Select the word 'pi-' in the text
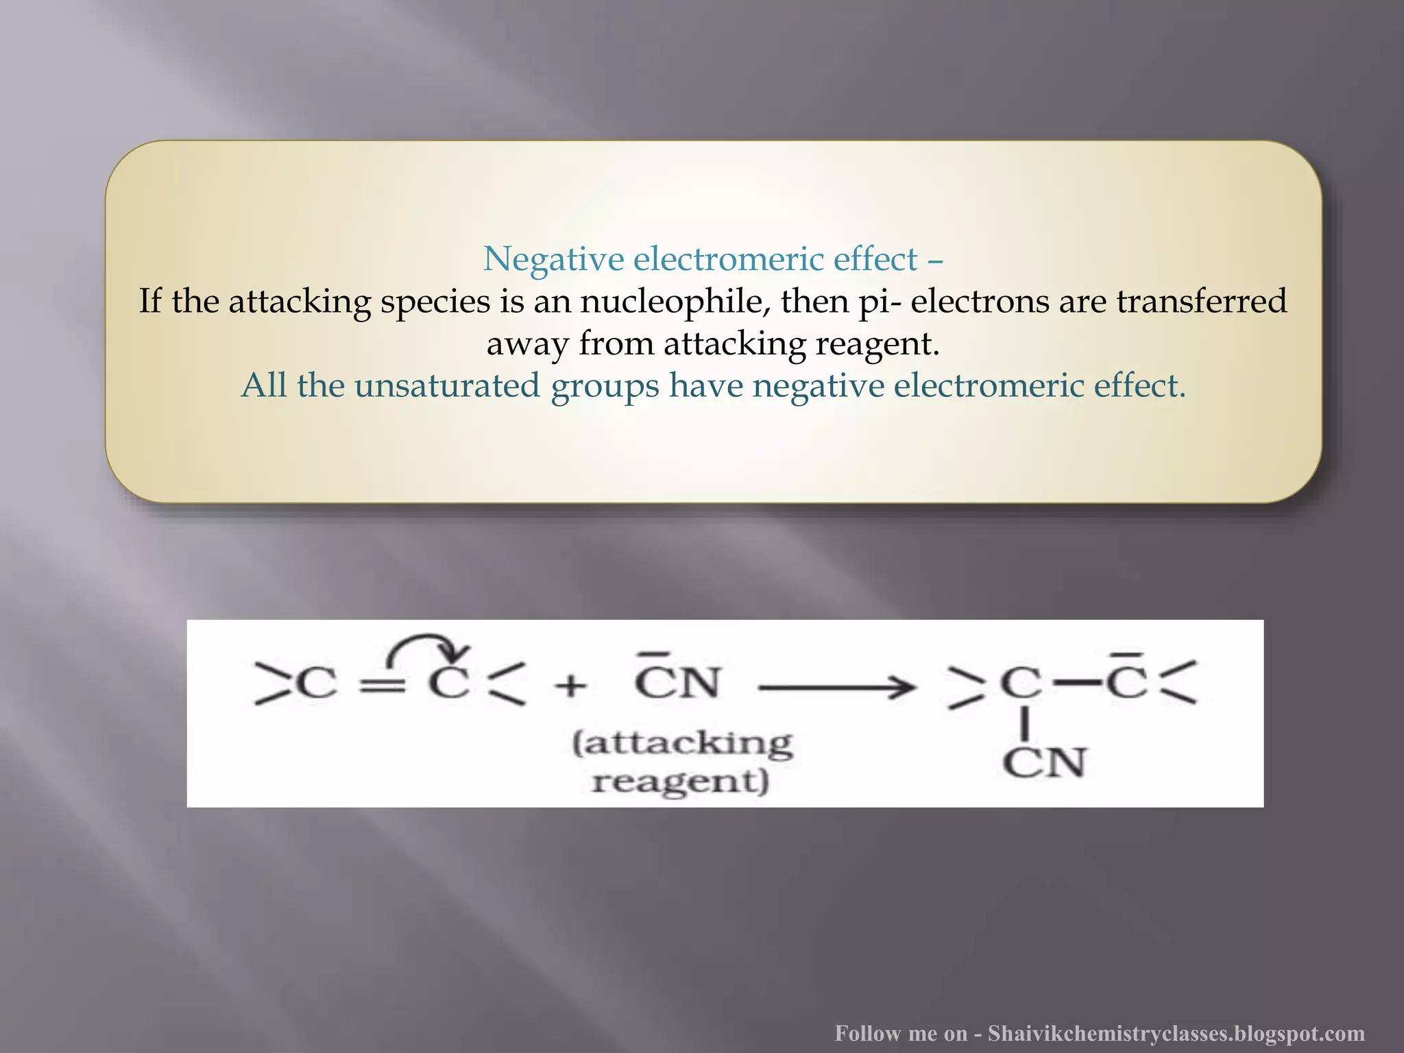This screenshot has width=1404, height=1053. (x=880, y=302)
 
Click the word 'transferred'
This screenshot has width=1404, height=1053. (x=1202, y=302)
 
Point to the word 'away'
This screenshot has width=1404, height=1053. (x=527, y=343)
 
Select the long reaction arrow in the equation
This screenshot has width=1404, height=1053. (x=837, y=686)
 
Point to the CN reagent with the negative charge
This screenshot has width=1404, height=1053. (x=677, y=681)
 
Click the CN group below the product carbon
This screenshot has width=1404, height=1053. (x=1044, y=763)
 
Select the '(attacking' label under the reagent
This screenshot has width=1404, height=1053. (x=682, y=743)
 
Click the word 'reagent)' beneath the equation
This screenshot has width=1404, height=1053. (x=680, y=782)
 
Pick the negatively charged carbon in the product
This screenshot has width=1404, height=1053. (x=1127, y=681)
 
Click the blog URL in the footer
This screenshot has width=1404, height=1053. (x=1176, y=1033)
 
